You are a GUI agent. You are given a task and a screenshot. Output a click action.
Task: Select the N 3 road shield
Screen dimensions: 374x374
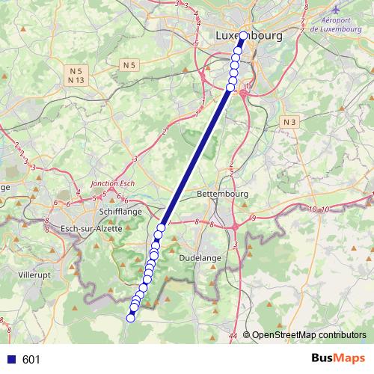290,121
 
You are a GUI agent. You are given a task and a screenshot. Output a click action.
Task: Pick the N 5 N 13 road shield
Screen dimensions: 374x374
75,75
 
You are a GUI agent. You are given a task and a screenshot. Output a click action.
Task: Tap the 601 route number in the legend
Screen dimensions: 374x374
31,360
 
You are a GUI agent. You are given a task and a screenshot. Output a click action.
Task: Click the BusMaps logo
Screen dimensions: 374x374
337,358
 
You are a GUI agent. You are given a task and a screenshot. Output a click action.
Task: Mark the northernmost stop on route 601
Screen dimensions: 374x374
243,36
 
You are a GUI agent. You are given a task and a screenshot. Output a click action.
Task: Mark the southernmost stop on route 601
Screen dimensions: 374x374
130,318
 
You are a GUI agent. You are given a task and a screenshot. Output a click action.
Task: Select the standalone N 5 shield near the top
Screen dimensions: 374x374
128,65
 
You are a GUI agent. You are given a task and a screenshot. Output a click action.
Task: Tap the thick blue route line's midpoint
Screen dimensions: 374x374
196,157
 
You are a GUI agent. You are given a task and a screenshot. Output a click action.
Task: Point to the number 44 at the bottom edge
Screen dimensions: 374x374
235,337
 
